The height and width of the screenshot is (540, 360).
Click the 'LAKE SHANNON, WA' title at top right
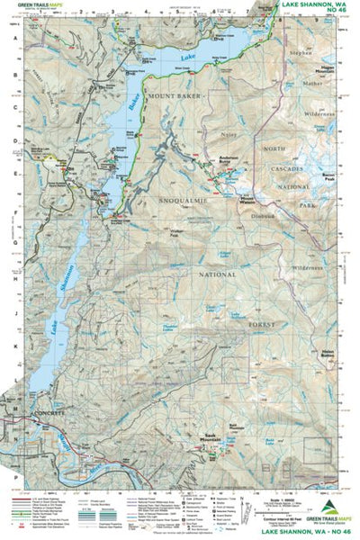pyautogui.click(x=306, y=5)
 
